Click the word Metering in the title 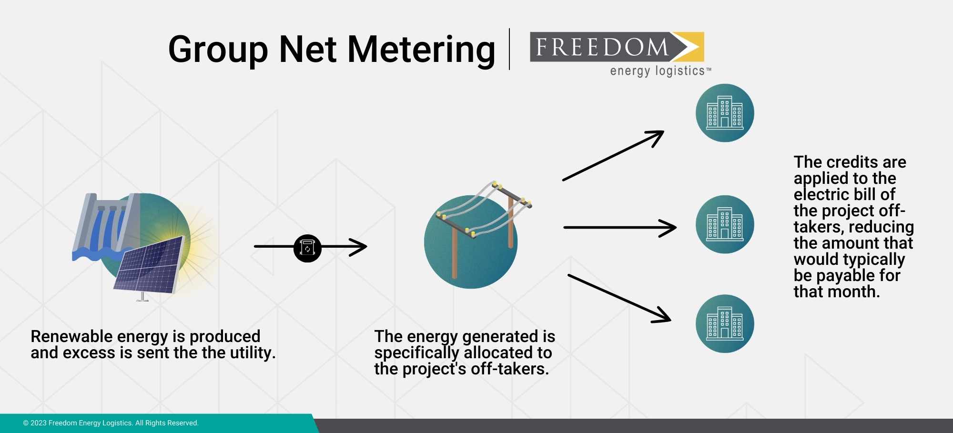(421, 50)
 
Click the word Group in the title (218, 50)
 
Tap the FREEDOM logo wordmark (602, 47)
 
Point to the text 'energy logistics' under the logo (657, 71)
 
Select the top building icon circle (724, 113)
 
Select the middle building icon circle (724, 224)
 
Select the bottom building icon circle (724, 323)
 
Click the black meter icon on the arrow (307, 248)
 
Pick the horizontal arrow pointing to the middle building (619, 228)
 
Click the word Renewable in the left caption (71, 337)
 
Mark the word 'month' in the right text (855, 292)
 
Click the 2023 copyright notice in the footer (111, 423)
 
